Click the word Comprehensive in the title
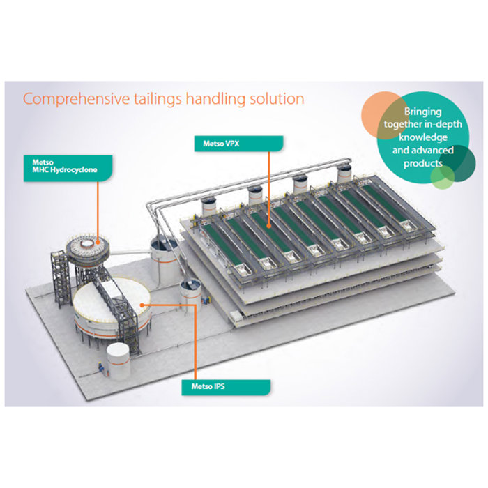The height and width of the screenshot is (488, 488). [x=76, y=99]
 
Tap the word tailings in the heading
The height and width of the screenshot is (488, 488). [x=158, y=100]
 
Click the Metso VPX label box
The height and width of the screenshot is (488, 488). [x=238, y=144]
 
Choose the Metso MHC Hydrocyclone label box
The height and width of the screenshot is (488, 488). [x=68, y=168]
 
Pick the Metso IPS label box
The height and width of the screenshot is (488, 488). [x=226, y=387]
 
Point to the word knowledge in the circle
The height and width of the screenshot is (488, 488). [x=423, y=137]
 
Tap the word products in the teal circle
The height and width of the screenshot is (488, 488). [x=423, y=163]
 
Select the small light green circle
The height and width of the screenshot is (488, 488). [x=442, y=177]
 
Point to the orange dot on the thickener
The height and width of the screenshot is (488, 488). [x=142, y=305]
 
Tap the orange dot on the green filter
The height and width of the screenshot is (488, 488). [x=268, y=225]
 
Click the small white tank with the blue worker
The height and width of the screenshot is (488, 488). [x=119, y=361]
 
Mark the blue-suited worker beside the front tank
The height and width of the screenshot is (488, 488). [x=101, y=367]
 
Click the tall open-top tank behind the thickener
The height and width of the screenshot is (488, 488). [x=164, y=259]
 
